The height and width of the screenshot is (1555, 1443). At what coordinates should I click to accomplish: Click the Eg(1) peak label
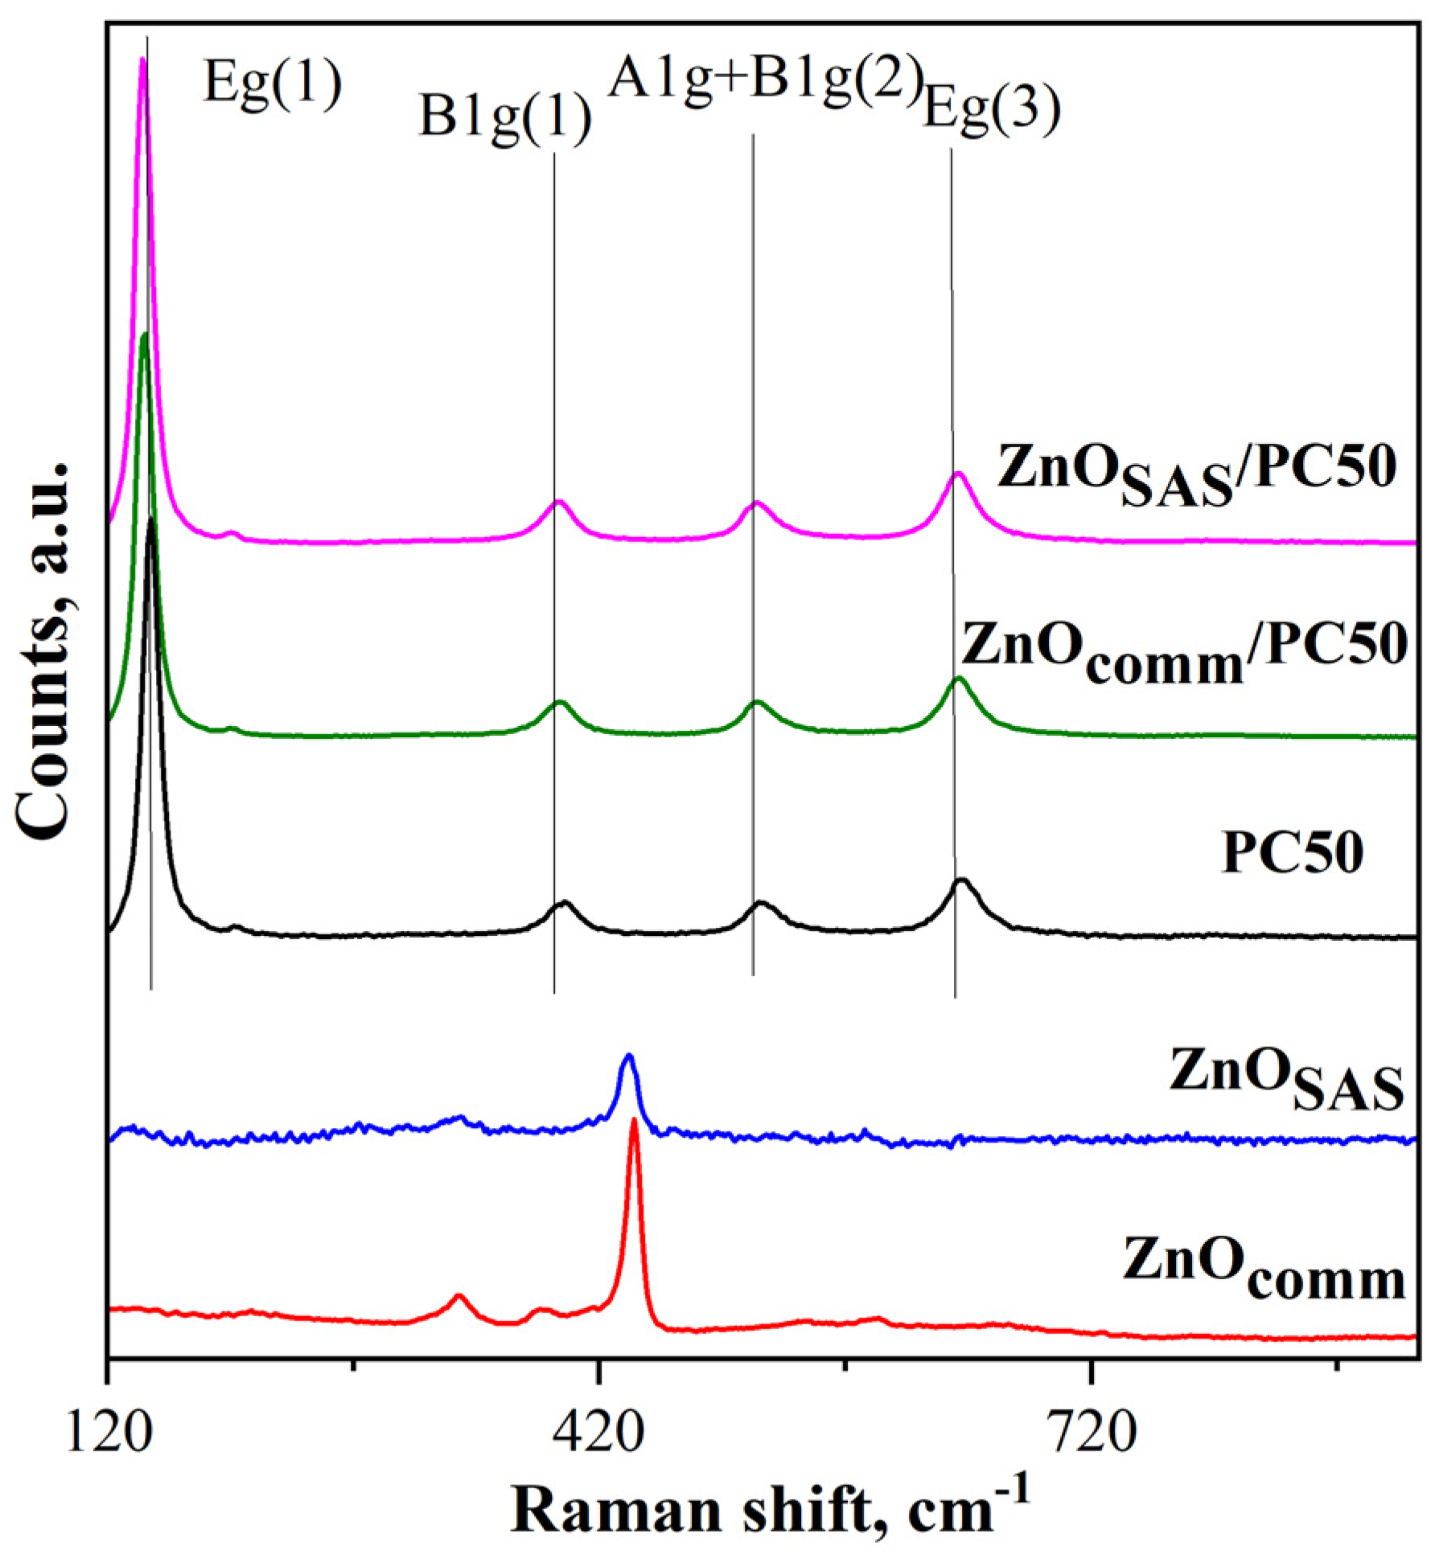[273, 83]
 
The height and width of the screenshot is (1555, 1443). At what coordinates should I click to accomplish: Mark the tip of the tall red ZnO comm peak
[634, 1121]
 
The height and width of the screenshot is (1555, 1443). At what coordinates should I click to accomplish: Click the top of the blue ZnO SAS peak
[629, 1056]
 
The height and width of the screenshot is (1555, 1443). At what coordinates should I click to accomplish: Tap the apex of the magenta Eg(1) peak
[143, 59]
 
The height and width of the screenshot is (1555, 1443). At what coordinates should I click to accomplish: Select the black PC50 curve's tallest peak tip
[151, 521]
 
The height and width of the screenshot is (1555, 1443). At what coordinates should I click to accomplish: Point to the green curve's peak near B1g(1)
[561, 703]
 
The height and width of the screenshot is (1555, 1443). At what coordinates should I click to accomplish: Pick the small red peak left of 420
[459, 1296]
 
